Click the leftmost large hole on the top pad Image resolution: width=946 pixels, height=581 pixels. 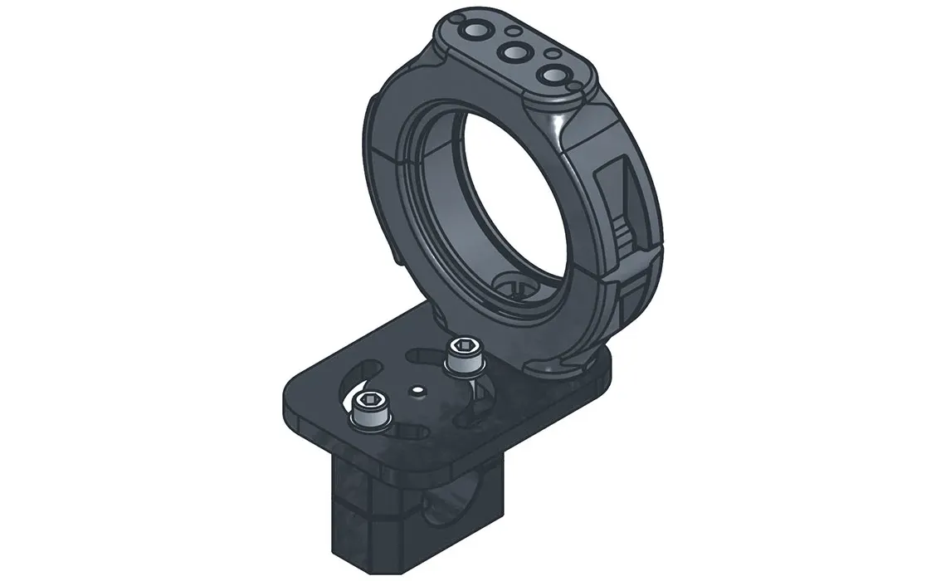coord(479,32)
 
